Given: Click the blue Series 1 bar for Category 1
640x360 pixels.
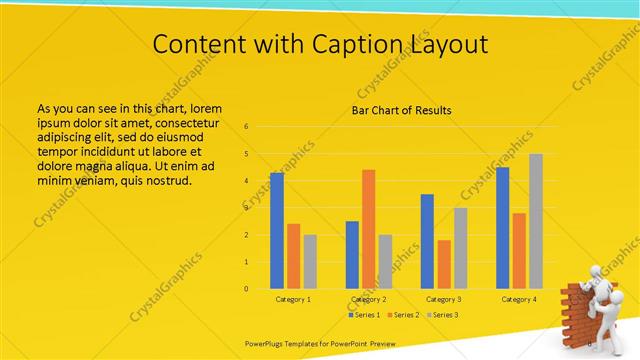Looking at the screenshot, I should pos(277,230).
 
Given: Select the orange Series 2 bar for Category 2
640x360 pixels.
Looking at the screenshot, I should pos(369,229).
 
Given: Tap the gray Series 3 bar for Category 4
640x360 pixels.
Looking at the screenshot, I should pos(536,221).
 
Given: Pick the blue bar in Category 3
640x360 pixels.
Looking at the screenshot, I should pos(427,241).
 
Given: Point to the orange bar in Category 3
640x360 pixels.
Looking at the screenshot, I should pos(444,264).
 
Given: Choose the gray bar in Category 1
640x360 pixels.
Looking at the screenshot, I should pos(310,261).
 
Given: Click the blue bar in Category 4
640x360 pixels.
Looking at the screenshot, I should pos(502,227).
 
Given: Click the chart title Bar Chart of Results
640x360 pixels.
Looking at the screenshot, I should pos(401,110).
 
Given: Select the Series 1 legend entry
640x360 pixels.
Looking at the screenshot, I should pos(365,314).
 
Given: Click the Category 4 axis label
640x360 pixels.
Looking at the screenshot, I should pos(519,299).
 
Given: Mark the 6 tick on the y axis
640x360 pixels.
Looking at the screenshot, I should pos(246,127).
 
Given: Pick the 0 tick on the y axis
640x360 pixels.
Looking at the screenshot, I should pos(246,289).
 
